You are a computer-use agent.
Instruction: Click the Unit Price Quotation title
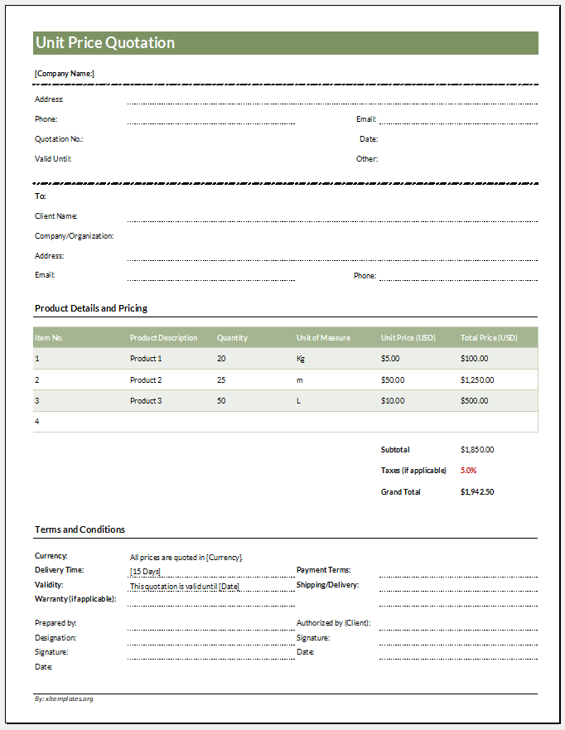point(105,43)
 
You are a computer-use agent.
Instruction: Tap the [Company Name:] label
point(65,74)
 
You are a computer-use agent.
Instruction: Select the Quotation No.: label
point(59,139)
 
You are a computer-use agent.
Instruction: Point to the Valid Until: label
point(53,159)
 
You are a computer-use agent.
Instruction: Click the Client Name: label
point(56,216)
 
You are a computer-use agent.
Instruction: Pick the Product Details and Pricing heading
point(91,308)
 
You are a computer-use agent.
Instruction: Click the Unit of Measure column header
point(323,338)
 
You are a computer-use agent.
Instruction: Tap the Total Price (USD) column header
point(489,338)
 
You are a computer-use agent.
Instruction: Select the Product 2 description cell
point(146,380)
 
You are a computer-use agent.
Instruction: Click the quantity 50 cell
point(221,401)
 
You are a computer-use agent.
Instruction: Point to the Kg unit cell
point(301,359)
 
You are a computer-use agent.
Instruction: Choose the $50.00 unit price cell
point(393,380)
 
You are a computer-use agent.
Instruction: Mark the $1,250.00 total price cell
point(477,380)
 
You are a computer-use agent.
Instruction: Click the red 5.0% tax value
point(468,471)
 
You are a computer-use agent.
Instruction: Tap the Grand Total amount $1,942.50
point(477,492)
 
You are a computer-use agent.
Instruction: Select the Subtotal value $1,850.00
point(477,450)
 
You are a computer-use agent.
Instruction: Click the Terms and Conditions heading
point(80,529)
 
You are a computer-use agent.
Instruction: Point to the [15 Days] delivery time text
point(145,572)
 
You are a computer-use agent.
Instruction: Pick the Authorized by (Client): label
point(333,623)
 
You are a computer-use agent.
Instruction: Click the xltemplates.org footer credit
point(65,699)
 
